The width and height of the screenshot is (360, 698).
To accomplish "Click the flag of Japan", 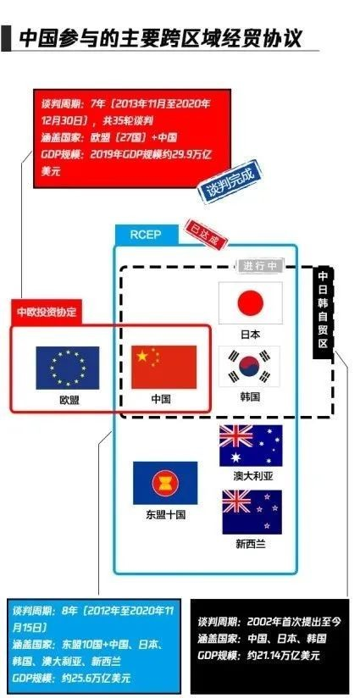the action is tap(251, 303).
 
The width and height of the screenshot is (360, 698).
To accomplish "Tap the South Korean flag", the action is tap(250, 366).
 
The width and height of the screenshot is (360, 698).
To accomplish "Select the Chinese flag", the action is tap(163, 367).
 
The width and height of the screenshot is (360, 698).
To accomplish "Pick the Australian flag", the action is tap(251, 446).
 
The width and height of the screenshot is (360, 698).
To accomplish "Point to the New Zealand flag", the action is tap(252, 512).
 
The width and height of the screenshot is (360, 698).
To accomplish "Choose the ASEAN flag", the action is tap(165, 483).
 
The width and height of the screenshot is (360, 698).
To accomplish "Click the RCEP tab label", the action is tap(147, 235).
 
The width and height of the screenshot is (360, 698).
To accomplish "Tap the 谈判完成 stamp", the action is tap(229, 185).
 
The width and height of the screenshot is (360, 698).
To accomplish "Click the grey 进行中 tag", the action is tap(260, 266).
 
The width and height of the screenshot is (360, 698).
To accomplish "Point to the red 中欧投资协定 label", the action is tap(47, 312).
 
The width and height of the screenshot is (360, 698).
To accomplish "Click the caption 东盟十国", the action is tap(165, 515).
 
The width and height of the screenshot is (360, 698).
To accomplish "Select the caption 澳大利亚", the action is tap(253, 476).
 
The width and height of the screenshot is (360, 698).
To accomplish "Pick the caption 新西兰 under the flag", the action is tap(251, 544).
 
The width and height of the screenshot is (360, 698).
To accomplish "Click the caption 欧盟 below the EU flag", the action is tap(69, 399).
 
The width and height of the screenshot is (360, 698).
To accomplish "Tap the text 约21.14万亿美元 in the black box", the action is tap(280, 655).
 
